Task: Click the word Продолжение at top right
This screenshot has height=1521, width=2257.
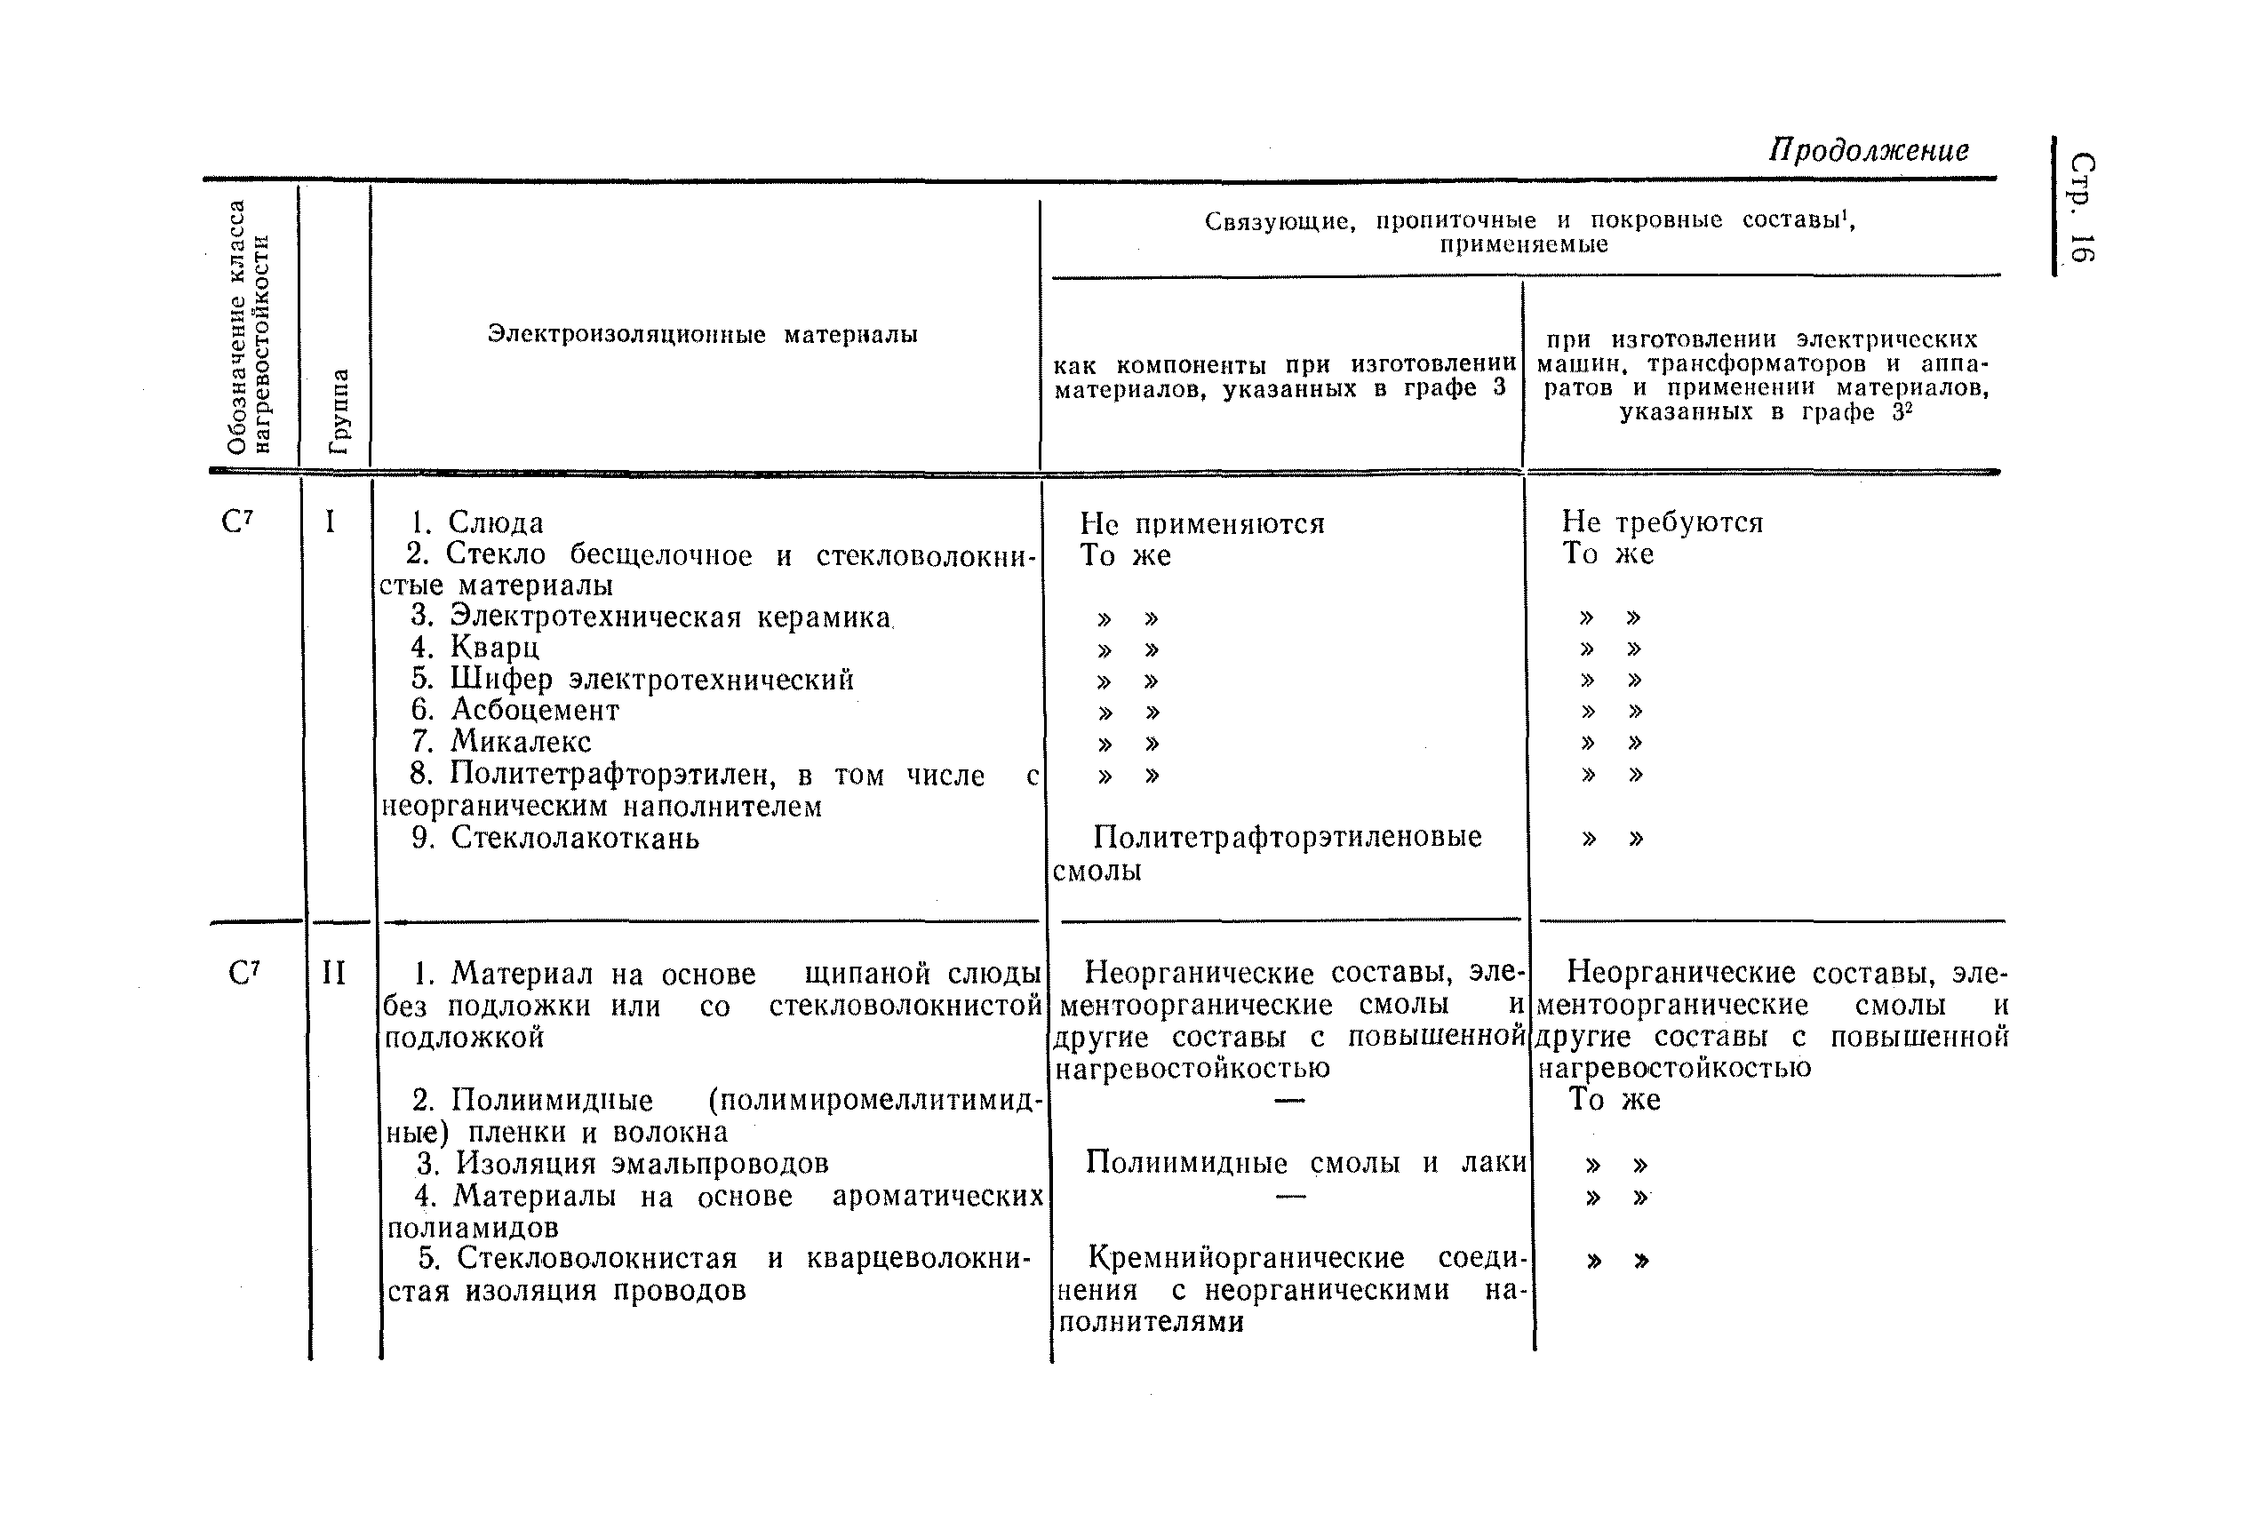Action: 1868,150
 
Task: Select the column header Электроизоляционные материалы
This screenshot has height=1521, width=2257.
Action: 702,335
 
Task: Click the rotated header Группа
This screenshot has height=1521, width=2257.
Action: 339,411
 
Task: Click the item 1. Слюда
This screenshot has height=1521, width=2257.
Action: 476,522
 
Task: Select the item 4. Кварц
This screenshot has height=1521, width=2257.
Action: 475,647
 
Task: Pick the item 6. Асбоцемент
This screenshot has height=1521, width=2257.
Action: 515,710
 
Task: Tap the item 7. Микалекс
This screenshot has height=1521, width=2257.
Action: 500,742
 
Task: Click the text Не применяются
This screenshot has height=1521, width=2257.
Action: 1201,525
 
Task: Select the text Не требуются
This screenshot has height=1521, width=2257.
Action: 1662,522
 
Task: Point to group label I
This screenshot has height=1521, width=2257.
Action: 330,522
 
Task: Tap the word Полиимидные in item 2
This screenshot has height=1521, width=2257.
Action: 552,1100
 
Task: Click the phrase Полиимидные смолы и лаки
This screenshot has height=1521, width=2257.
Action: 1304,1162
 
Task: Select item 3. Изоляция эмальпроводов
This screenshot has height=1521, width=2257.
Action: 622,1163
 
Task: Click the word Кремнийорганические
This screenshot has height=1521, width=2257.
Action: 1246,1258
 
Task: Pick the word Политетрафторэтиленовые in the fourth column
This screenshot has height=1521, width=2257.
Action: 1287,837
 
